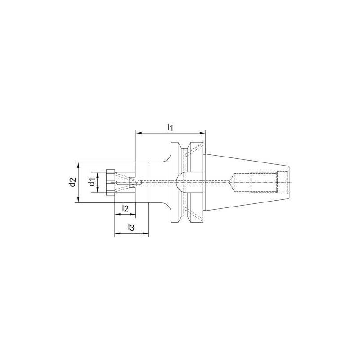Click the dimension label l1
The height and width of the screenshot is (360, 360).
[170, 127]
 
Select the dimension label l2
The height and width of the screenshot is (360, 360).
[126, 208]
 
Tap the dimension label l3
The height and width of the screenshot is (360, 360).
[131, 227]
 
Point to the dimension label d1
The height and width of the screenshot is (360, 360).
[91, 182]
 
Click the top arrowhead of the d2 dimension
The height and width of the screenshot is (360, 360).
[78, 164]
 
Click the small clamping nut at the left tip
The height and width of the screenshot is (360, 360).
[111, 182]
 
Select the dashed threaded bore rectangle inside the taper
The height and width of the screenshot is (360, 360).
[263, 182]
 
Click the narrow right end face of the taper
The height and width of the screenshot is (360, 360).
[286, 182]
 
